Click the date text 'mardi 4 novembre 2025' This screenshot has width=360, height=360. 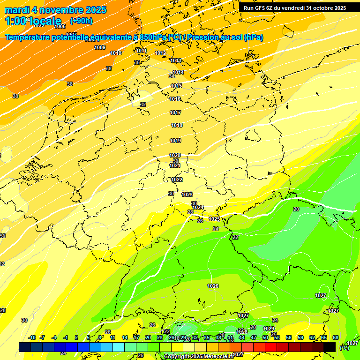(x=55, y=10)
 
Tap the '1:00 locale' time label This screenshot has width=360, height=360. (x=33, y=21)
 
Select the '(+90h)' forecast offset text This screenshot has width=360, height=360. (x=81, y=21)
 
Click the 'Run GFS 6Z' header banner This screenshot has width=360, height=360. (x=294, y=8)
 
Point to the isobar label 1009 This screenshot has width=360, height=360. (x=100, y=47)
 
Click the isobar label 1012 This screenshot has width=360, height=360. (x=160, y=53)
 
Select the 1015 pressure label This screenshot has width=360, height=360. (x=176, y=86)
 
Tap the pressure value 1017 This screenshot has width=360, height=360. (x=176, y=112)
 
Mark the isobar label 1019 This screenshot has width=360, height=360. (x=175, y=141)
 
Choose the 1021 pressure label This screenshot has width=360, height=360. (x=175, y=165)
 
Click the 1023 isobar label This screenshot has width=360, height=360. (x=187, y=195)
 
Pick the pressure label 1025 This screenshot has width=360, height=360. (x=214, y=219)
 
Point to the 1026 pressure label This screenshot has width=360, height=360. (x=213, y=286)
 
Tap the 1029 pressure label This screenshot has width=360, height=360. (x=269, y=329)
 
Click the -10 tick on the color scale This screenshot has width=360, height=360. (x=32, y=337)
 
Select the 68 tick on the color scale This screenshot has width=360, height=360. (x=336, y=337)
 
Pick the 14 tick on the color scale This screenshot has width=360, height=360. (x=125, y=337)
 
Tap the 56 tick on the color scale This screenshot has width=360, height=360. (x=289, y=337)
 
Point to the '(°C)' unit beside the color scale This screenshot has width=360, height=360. (x=344, y=348)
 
